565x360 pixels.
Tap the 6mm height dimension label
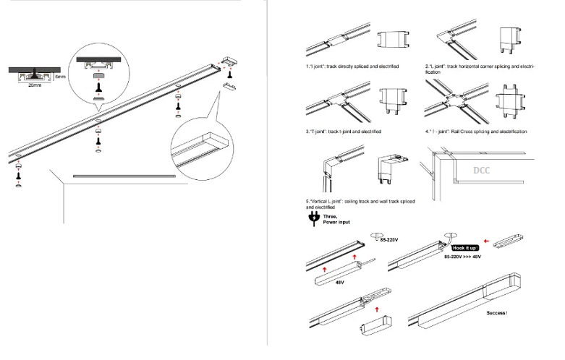click(x=61, y=75)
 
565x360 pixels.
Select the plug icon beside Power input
click(x=313, y=219)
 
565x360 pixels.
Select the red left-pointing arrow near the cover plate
click(x=485, y=242)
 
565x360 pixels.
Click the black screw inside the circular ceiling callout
click(x=98, y=85)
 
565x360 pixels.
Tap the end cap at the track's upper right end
click(x=229, y=59)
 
